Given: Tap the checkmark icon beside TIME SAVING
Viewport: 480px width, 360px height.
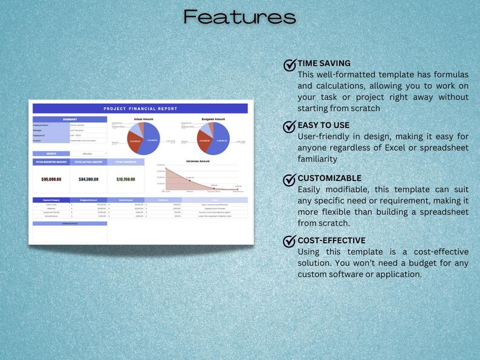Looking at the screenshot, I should coord(290,65).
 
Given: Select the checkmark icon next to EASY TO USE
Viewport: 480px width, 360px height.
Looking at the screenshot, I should coord(290,127).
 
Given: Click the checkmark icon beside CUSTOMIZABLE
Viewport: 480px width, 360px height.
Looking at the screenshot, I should coord(290,179).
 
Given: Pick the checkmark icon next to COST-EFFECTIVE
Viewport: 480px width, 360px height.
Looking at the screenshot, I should coord(290,241).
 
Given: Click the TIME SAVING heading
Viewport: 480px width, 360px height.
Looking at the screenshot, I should coord(324,63).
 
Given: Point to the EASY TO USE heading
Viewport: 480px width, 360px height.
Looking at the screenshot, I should coord(323,126).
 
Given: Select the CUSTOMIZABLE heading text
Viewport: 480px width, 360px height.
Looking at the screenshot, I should coord(329,178).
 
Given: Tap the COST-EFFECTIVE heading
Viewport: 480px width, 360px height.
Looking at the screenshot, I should coord(331,240).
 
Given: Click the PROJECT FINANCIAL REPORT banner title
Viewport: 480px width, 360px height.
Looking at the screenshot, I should coord(140,109).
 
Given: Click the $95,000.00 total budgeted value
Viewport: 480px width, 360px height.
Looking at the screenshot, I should coord(51,179).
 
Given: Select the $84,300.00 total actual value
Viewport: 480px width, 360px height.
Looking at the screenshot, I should coord(88,179).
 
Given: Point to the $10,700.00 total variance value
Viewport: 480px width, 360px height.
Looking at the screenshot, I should coord(126,179).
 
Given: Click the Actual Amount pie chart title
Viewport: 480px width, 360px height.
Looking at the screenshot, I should coord(143,120).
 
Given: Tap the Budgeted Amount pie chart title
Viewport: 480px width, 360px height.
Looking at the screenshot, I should coord(213,120).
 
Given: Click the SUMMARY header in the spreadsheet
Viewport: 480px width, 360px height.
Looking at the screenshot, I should coord(70,119).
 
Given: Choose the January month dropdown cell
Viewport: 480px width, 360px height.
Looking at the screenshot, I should coord(88,153).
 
